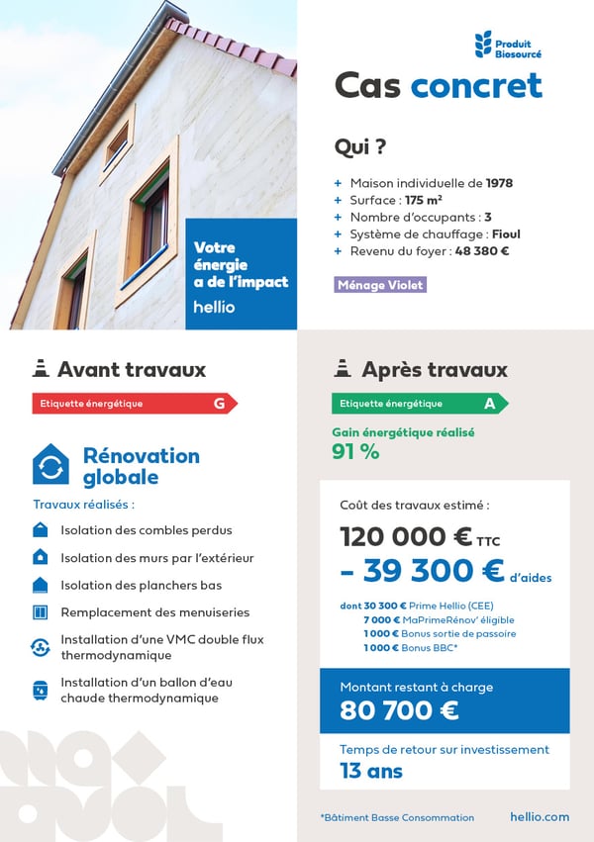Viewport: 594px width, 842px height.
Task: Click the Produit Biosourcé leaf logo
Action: tap(483, 45)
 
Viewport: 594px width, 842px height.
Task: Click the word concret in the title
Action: tap(476, 86)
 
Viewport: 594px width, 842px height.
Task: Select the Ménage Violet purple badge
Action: tap(381, 285)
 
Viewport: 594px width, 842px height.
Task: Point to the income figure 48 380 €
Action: tap(482, 251)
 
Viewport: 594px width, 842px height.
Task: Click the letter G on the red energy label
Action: tap(219, 404)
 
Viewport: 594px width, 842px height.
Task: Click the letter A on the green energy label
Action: tap(489, 404)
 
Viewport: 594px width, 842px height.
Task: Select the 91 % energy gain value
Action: tap(355, 452)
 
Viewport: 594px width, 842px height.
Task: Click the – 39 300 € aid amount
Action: tap(422, 571)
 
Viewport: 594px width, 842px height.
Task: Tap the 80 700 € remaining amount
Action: tap(399, 710)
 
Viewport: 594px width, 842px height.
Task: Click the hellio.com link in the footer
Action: tap(540, 817)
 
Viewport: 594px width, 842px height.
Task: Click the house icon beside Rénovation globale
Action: tap(50, 464)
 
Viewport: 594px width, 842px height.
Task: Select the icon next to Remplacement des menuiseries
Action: tap(41, 612)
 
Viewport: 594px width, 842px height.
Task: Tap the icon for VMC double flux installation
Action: tap(41, 647)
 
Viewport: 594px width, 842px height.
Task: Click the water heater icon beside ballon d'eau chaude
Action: tap(41, 690)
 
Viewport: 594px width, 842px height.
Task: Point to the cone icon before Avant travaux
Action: tap(41, 369)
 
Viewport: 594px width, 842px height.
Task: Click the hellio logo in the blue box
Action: tap(214, 308)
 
